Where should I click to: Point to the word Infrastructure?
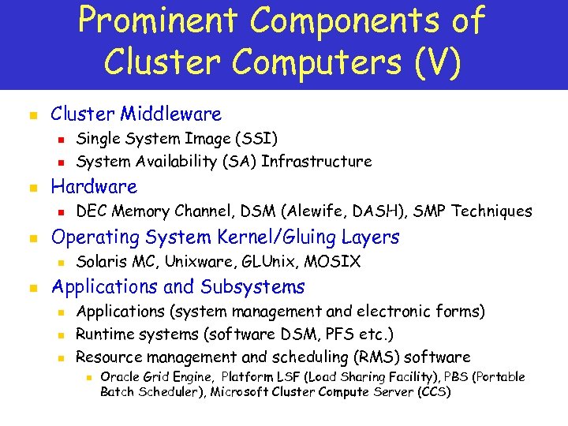[316, 162]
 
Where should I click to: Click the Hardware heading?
[94, 187]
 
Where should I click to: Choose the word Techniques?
[493, 211]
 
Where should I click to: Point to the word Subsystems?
[252, 286]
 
